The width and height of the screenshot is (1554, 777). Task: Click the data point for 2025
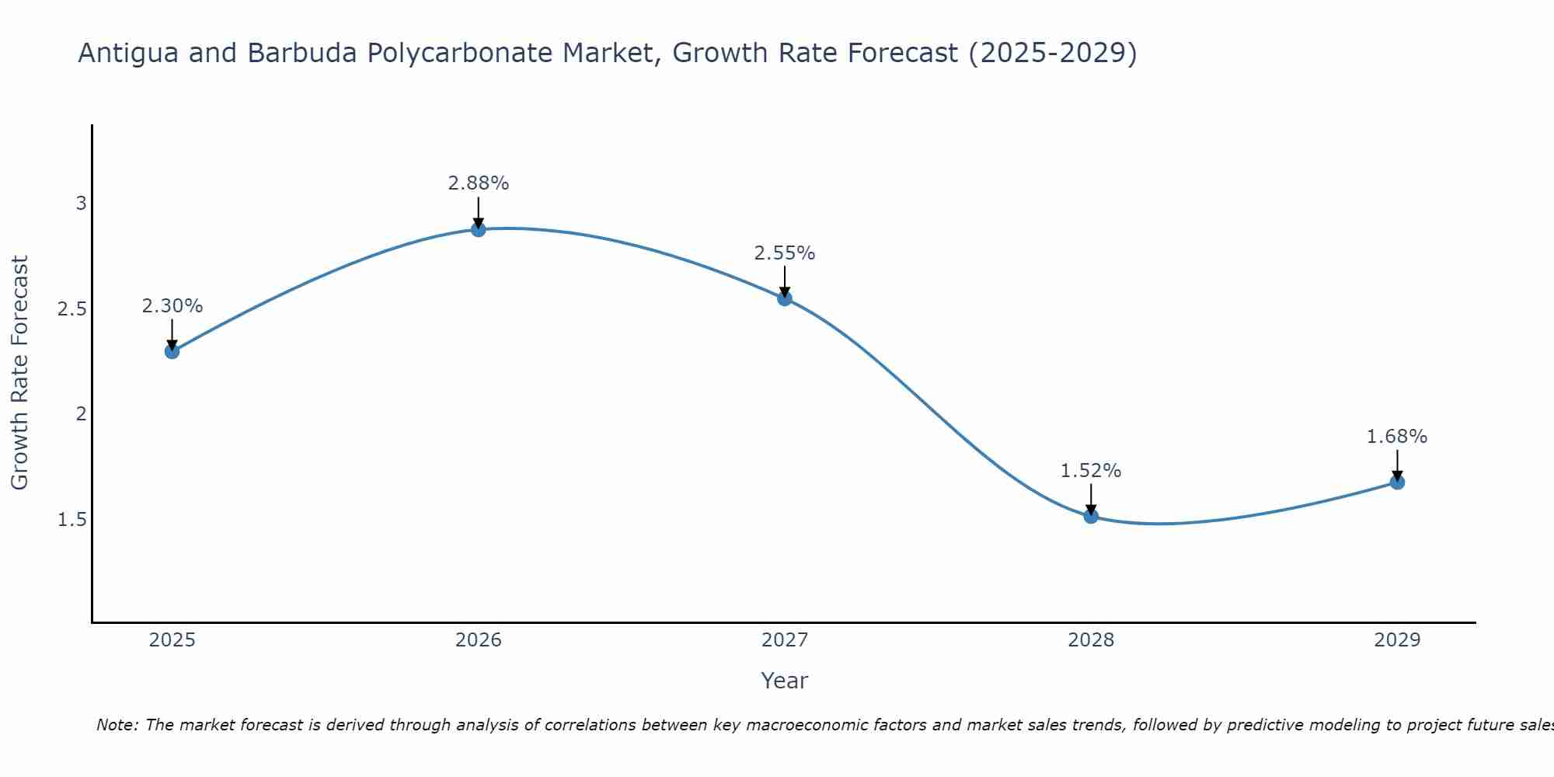[x=172, y=351]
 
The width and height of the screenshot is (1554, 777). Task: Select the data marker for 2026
[x=479, y=229]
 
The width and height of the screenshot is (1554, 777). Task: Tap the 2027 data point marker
[x=785, y=298]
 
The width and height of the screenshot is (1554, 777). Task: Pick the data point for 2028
[x=1091, y=516]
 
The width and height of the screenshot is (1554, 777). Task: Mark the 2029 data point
[x=1397, y=482]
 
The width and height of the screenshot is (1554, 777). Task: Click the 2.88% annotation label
[x=479, y=183]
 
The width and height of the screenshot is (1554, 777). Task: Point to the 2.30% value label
[x=172, y=306]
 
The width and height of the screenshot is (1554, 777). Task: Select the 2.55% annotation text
[x=785, y=253]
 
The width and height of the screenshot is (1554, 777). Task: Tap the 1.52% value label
[x=1091, y=471]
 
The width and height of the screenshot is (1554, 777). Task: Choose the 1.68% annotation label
[x=1397, y=437]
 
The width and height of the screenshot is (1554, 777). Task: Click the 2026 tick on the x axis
[x=479, y=640]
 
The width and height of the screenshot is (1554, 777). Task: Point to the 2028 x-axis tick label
[x=1091, y=640]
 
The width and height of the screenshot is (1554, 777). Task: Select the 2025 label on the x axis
[x=172, y=640]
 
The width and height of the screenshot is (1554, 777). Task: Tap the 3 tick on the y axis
[x=81, y=204]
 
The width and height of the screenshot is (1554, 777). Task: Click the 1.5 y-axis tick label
[x=72, y=519]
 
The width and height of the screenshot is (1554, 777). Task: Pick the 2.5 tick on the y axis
[x=72, y=309]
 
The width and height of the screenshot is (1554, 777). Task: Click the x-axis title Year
[x=785, y=681]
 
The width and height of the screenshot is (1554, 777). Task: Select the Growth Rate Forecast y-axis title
[x=19, y=373]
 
